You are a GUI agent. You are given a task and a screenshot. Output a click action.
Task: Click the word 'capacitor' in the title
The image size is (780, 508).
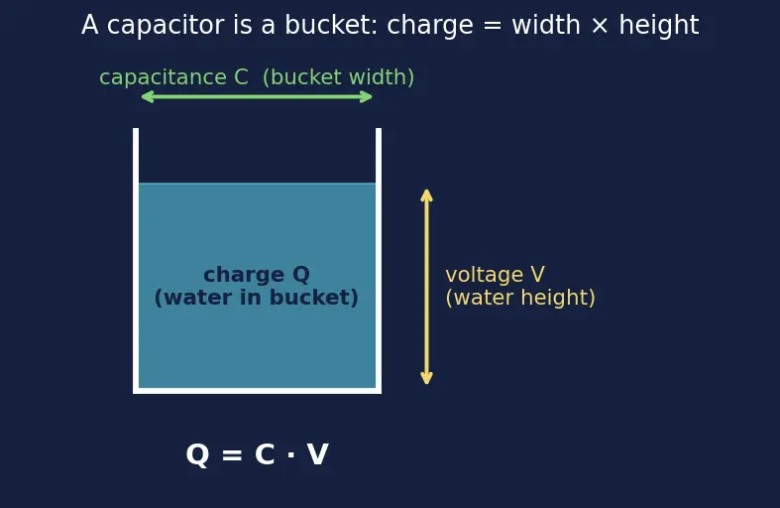click(166, 26)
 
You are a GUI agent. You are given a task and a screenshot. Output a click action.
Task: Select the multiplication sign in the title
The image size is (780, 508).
click(600, 26)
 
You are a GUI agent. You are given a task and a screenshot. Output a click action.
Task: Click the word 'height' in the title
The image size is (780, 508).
click(659, 26)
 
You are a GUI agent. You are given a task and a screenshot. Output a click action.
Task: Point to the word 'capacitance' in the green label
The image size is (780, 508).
click(163, 77)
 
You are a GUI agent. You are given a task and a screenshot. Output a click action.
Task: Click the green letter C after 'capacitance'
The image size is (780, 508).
click(241, 77)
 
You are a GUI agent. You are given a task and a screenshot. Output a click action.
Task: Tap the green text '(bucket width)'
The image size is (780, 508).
click(338, 77)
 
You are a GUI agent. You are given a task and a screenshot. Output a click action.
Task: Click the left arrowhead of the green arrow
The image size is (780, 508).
click(145, 96)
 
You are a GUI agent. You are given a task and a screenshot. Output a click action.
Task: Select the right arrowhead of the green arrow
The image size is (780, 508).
click(368, 96)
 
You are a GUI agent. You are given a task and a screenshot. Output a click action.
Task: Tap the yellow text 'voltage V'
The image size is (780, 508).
click(495, 275)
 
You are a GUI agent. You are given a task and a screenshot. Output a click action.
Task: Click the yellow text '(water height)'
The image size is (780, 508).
click(520, 298)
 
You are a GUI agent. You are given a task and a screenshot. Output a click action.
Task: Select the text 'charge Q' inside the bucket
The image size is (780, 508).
click(256, 275)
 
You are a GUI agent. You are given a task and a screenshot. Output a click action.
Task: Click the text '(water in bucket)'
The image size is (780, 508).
click(256, 298)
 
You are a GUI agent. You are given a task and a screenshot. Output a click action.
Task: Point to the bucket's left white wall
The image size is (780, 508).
click(136, 259)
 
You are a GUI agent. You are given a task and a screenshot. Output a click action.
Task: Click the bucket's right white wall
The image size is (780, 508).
click(379, 259)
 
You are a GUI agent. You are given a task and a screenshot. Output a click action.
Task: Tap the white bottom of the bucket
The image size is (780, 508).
click(257, 391)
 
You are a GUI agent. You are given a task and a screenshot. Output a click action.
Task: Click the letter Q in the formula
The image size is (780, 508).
click(197, 454)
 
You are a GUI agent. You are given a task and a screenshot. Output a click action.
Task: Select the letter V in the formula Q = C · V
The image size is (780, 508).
click(317, 454)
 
